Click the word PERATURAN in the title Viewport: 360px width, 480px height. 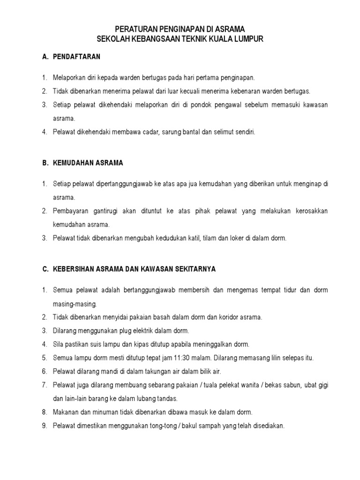pos(136,29)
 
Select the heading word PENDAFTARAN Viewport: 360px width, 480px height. pos(76,57)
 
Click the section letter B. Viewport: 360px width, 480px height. pos(45,163)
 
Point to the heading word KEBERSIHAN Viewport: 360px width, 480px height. pos(74,269)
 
